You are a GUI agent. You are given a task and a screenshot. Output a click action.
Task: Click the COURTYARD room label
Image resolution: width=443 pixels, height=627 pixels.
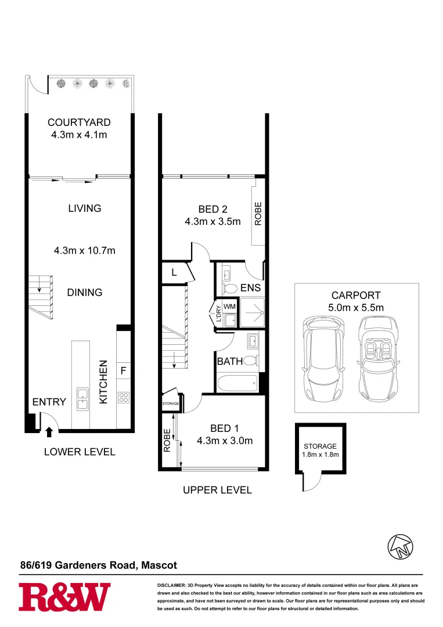79,122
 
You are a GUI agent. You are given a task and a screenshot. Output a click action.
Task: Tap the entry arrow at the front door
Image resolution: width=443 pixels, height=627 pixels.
49,431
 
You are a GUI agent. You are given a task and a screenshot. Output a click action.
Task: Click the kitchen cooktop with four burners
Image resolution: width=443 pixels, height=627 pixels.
124,397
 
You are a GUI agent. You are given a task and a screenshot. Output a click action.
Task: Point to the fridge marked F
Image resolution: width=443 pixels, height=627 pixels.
124,370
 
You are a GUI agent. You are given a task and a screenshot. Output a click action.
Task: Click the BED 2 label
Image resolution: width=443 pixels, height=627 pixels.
213,210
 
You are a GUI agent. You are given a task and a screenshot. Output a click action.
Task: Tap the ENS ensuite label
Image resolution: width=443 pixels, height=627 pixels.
251,287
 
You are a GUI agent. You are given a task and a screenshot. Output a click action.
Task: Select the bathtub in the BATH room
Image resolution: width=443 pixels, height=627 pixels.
237,383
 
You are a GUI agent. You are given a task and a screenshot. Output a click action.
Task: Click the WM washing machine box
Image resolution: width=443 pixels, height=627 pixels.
229,306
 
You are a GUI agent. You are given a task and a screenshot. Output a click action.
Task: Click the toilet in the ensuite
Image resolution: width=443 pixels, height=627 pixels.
230,288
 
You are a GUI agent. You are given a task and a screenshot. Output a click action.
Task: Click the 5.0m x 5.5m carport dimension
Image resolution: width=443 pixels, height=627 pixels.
357,308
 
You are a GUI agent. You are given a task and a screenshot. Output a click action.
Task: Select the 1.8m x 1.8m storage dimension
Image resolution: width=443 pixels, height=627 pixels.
321,455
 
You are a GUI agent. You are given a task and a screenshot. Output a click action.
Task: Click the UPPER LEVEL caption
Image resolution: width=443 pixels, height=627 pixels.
217,491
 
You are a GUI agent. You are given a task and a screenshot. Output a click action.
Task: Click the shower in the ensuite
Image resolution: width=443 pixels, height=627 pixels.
251,313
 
